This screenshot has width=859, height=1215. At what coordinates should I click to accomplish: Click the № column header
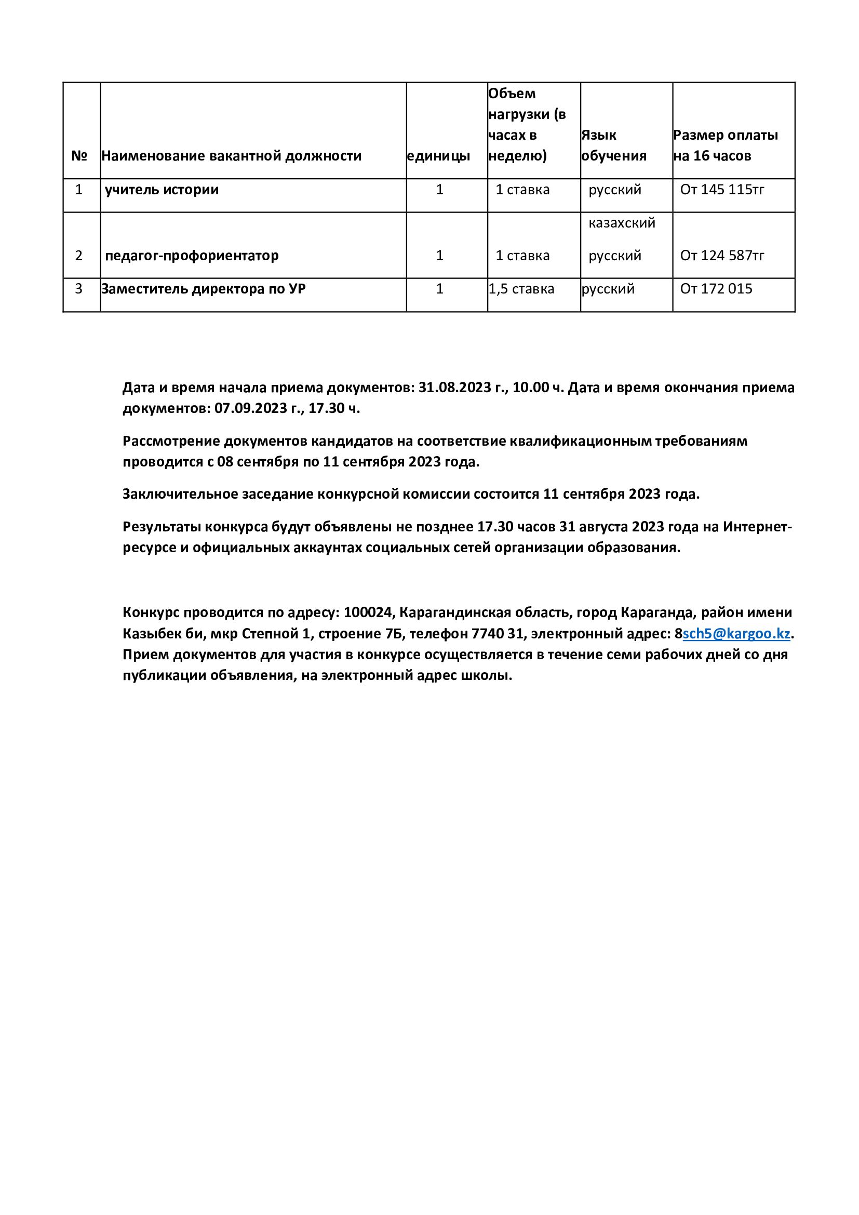(x=79, y=156)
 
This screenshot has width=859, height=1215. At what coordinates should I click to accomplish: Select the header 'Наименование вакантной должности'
(x=231, y=156)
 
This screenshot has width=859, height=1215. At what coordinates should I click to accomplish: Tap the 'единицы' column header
(x=438, y=156)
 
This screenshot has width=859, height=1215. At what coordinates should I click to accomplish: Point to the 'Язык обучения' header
(x=613, y=145)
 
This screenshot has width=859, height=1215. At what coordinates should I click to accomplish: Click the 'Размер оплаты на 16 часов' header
(x=725, y=145)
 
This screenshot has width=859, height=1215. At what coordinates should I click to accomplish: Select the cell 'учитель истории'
(x=162, y=190)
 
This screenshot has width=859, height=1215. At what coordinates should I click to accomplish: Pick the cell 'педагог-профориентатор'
(x=192, y=256)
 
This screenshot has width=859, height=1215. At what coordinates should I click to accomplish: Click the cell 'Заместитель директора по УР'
(x=203, y=289)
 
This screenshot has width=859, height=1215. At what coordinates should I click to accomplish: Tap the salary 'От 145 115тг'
(x=722, y=190)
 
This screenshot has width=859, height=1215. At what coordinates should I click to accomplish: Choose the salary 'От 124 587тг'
(x=722, y=256)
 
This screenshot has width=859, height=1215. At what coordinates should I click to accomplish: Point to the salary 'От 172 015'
(x=716, y=289)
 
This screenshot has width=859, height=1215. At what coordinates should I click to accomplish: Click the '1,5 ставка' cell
(x=521, y=289)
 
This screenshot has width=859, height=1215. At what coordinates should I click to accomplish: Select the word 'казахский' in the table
(x=622, y=223)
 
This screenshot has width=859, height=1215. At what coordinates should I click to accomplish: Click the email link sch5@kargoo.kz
(x=736, y=634)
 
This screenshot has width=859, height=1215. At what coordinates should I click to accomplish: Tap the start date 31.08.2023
(x=455, y=388)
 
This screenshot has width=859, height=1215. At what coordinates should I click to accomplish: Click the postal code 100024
(x=368, y=613)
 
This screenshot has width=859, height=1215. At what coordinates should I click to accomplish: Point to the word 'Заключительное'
(x=180, y=494)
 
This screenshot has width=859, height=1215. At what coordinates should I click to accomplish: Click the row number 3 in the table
(x=79, y=289)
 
